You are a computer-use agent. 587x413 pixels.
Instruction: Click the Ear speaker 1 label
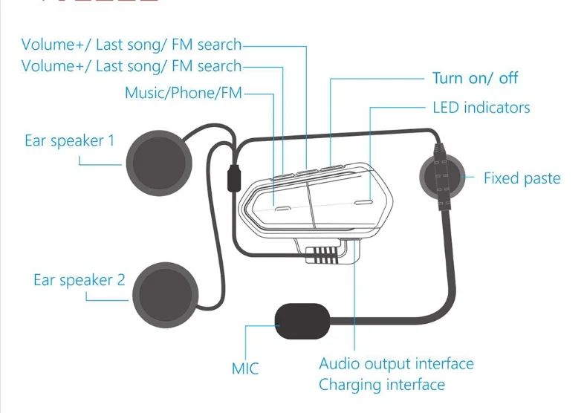pos(69,140)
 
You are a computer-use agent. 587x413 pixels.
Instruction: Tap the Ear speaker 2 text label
pos(79,280)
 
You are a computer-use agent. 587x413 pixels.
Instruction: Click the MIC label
pos(245,368)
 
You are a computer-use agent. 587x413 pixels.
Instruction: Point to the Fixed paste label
pos(522,178)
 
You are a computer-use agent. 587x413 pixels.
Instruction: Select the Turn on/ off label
pos(476,78)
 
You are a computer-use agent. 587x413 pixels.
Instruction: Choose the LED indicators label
pos(481,108)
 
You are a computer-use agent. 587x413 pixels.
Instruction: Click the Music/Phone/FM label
pos(184,93)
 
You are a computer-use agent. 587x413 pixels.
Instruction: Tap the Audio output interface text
pos(396,364)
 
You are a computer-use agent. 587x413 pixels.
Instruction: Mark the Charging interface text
pos(382,385)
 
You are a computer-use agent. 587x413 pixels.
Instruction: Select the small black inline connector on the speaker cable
pos(233,179)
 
